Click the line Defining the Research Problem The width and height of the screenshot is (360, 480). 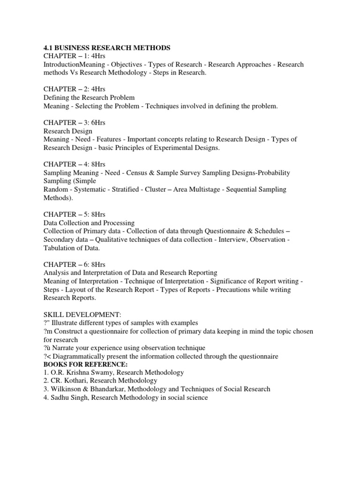[x=89, y=97]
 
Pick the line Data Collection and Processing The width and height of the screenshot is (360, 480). [x=89, y=223]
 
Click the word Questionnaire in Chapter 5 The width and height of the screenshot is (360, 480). [x=226, y=231]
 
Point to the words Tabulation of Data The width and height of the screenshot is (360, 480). [x=71, y=248]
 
